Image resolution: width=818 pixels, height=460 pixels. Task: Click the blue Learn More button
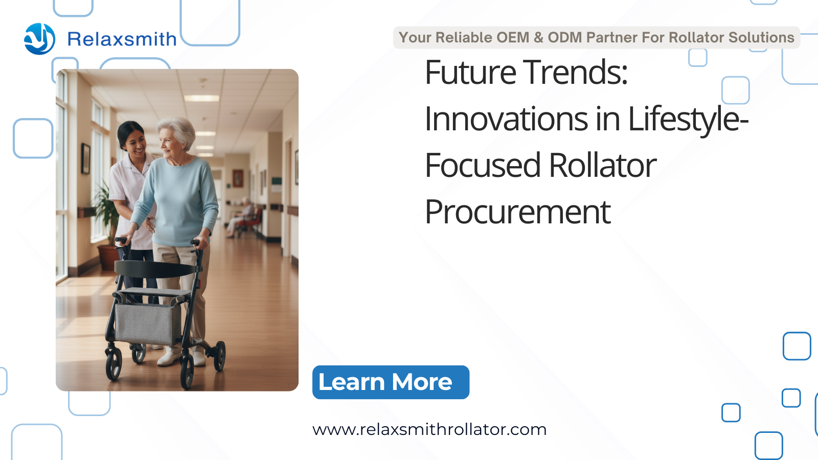[391, 382]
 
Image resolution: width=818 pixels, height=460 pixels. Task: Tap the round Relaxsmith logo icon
[39, 39]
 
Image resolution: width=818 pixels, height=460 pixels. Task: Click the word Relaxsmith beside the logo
[122, 39]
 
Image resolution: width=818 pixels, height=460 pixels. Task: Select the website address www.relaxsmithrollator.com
[429, 430]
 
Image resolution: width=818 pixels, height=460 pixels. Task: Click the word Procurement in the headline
[517, 212]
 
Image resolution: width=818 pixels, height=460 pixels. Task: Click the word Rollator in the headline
[603, 166]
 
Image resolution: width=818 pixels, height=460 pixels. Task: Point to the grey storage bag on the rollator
[148, 324]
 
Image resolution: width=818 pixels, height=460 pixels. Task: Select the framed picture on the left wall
[85, 158]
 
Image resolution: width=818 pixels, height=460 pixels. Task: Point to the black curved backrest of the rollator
[155, 269]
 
